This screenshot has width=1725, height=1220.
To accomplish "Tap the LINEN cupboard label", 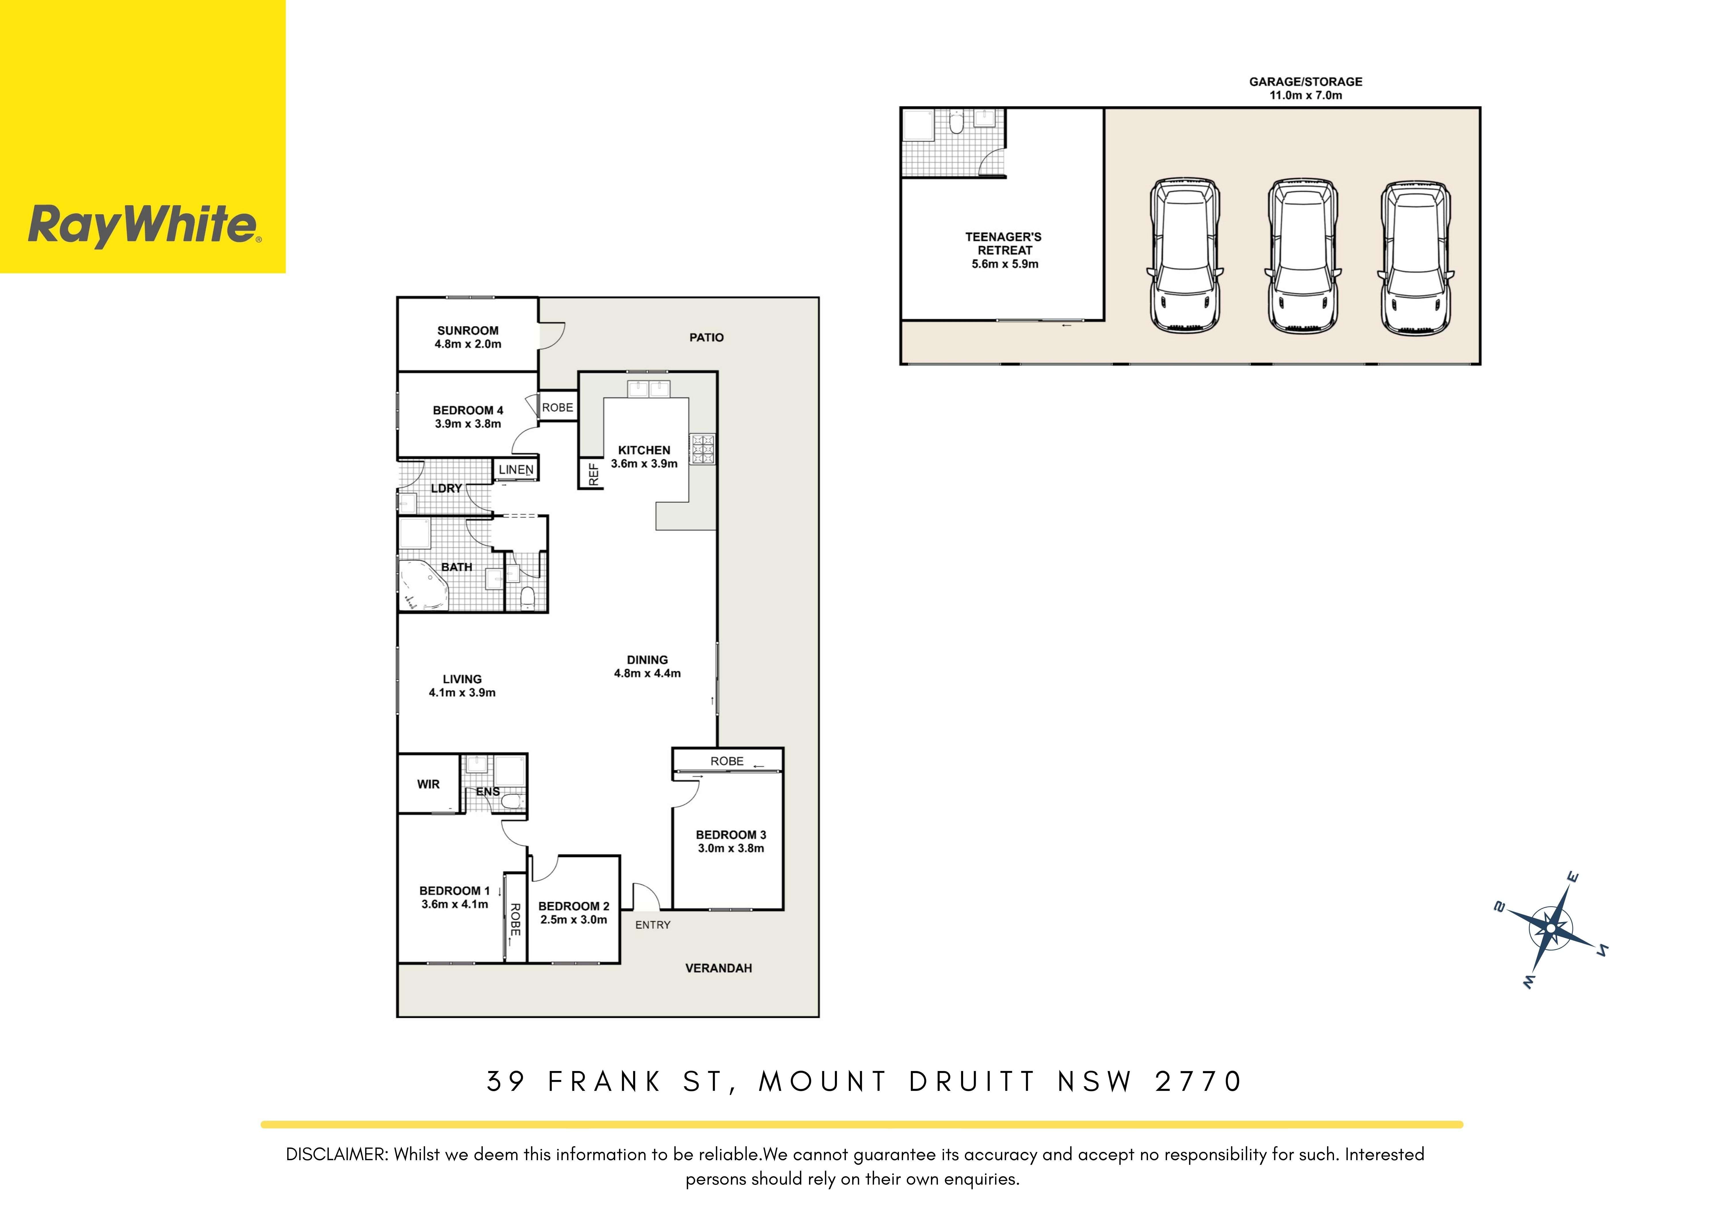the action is pos(516,470).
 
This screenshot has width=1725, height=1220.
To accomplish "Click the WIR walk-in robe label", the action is pos(428,784).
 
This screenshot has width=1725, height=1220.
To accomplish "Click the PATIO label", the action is pos(706,338).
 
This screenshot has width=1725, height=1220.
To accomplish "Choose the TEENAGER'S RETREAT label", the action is pos(1004,244).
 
